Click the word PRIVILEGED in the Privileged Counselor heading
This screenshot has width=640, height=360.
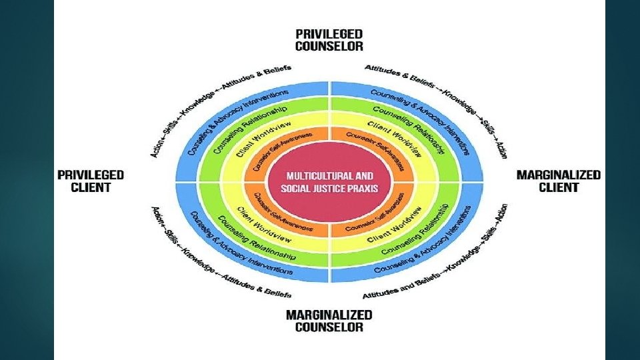(x=329, y=34)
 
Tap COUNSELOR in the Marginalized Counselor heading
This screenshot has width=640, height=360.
(x=329, y=327)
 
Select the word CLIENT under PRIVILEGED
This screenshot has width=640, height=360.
(x=91, y=187)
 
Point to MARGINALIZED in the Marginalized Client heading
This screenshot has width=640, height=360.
(x=559, y=175)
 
